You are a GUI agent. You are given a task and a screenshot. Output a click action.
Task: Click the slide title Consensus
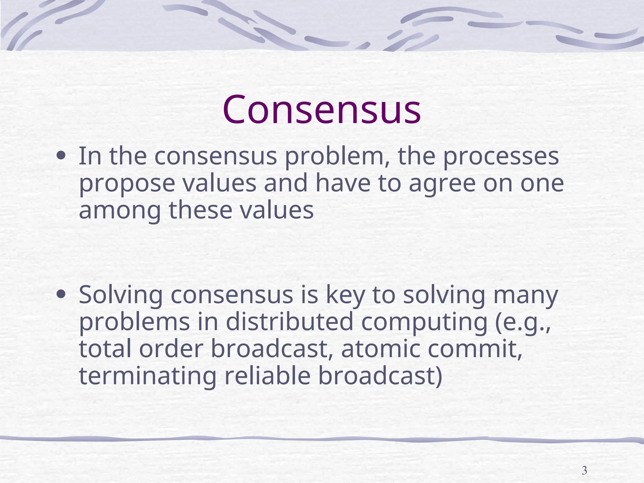(x=321, y=109)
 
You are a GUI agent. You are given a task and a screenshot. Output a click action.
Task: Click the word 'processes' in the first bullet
(x=501, y=157)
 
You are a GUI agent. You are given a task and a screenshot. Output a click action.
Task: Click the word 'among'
(x=119, y=211)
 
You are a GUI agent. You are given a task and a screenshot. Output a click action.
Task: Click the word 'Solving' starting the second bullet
(x=121, y=296)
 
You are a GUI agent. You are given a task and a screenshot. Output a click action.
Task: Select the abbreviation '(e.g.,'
(x=523, y=323)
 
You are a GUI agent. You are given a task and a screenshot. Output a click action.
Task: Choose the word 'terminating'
(x=147, y=376)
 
